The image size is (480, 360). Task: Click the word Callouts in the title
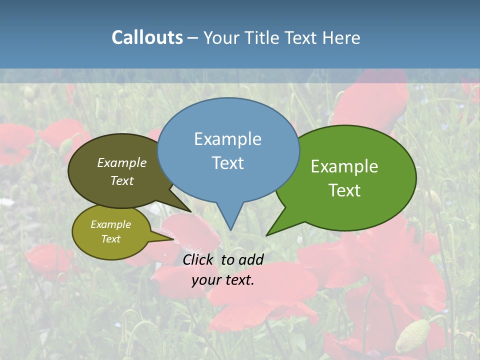click(147, 37)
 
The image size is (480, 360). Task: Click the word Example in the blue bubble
click(227, 139)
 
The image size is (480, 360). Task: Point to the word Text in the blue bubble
click(227, 163)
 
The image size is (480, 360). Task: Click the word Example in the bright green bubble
click(344, 166)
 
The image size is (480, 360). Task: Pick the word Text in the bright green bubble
click(345, 190)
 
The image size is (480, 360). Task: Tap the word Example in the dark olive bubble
click(121, 163)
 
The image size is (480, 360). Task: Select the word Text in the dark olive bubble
click(122, 181)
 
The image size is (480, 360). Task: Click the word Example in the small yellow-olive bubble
click(110, 224)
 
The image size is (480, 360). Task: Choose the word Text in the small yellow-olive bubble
click(110, 239)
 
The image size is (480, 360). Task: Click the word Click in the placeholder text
click(199, 259)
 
